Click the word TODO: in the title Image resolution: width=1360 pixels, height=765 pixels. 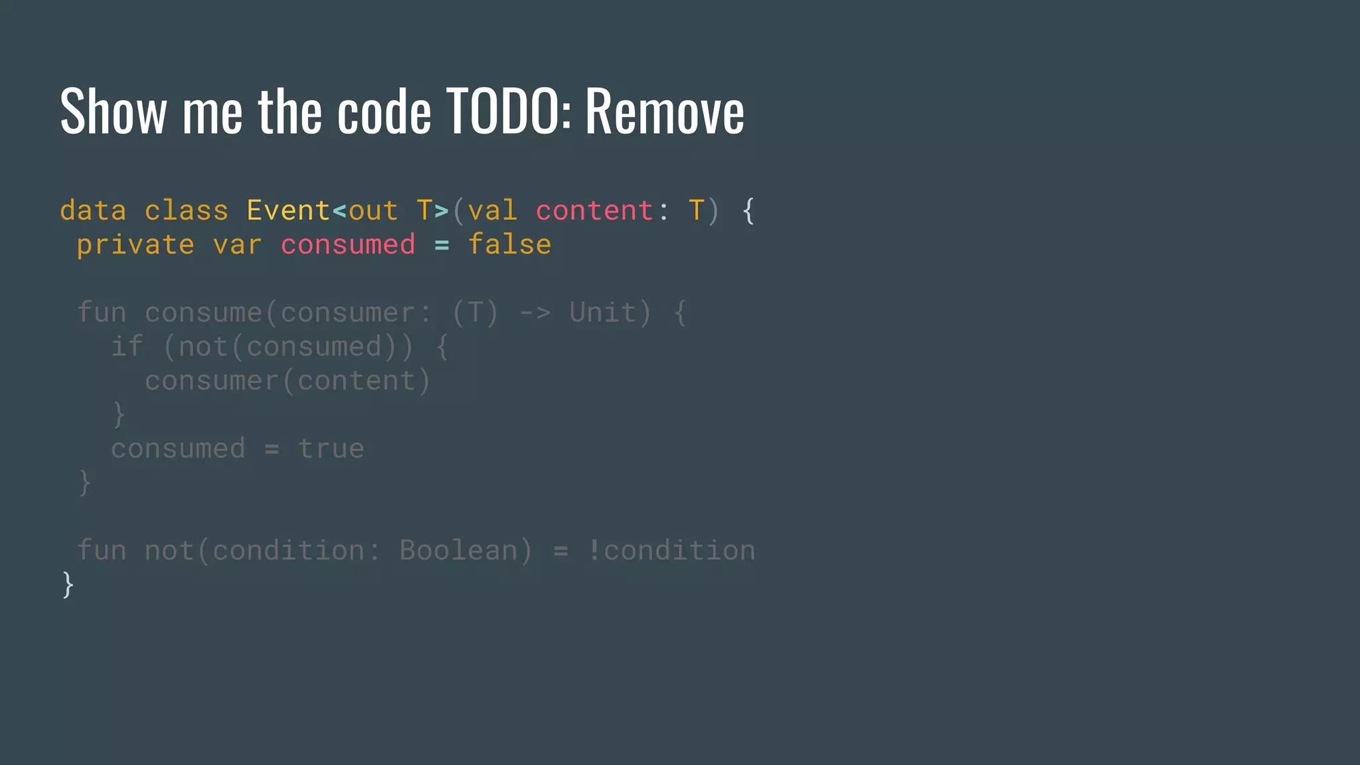(x=508, y=112)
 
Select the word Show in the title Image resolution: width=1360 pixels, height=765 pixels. (x=113, y=112)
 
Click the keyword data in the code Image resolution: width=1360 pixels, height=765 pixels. (x=93, y=211)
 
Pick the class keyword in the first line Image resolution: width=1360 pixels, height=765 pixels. (x=187, y=211)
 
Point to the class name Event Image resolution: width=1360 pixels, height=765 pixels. (x=288, y=211)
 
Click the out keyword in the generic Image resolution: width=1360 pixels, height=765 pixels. (x=373, y=211)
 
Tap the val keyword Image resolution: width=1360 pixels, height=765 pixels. (x=492, y=211)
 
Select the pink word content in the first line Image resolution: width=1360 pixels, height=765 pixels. (x=594, y=211)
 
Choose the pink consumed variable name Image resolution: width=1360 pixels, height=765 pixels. (x=348, y=245)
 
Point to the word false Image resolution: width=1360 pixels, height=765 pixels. (x=509, y=245)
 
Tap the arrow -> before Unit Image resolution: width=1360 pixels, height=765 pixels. (x=535, y=313)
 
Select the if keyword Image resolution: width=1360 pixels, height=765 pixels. (x=127, y=347)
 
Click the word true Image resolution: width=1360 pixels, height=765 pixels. (x=331, y=449)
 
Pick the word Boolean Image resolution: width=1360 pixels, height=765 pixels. (x=458, y=551)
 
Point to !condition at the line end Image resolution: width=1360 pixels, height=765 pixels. (x=671, y=551)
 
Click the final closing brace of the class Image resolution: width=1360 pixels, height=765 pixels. (x=68, y=585)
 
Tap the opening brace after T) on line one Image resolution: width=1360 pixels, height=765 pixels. (x=748, y=211)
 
